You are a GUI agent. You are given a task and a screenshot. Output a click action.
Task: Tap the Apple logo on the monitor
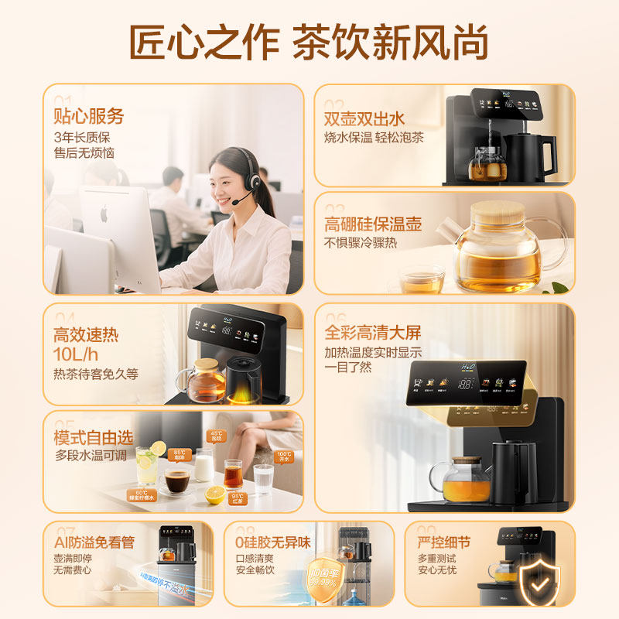click(104, 214)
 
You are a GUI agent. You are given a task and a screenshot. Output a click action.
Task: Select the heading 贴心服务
click(88, 117)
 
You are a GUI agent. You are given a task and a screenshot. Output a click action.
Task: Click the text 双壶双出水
click(364, 119)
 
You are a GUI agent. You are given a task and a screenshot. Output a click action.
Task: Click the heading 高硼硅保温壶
click(373, 225)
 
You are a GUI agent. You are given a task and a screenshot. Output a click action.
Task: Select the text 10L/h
click(75, 355)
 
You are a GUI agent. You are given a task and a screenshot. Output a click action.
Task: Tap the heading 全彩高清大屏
click(373, 333)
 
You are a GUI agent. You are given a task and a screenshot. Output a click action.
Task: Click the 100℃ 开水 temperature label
click(284, 457)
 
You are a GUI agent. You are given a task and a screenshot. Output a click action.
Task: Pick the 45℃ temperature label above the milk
click(215, 436)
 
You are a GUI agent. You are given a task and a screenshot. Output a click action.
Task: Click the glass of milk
click(204, 466)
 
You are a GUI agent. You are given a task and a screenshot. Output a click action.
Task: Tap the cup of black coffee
click(177, 482)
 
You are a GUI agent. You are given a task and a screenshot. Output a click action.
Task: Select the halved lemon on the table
click(214, 494)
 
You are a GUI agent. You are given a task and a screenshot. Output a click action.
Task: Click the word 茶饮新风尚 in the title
click(390, 43)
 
